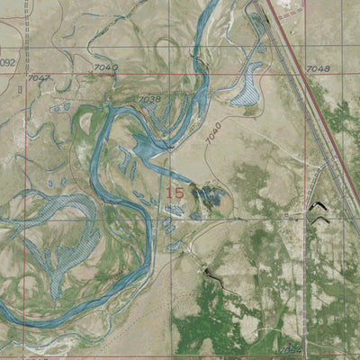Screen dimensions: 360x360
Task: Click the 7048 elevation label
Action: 317,68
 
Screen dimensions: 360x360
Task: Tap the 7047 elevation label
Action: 38,79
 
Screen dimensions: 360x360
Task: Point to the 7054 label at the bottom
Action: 290,350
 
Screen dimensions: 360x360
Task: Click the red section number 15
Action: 175,192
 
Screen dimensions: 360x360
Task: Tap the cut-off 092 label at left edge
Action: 7,63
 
